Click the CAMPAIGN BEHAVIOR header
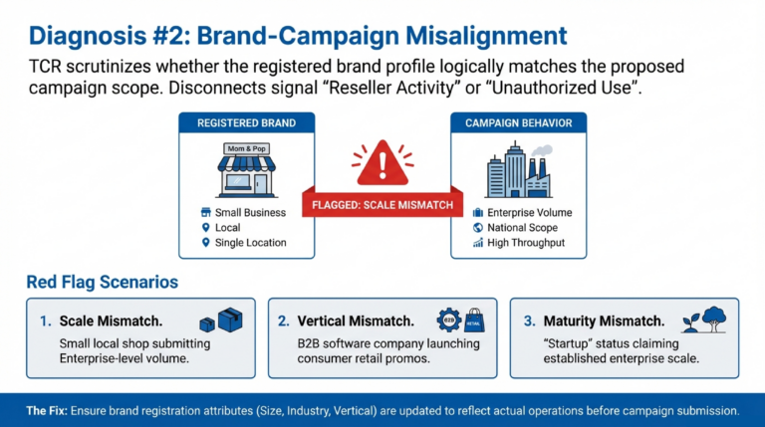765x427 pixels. click(518, 123)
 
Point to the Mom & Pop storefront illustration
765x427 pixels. click(245, 170)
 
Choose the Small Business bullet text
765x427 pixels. click(250, 213)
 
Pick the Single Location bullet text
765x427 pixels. click(250, 242)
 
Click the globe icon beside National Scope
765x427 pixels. click(478, 228)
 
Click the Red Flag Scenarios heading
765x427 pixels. click(102, 282)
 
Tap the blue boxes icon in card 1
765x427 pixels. click(220, 320)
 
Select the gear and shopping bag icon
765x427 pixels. click(459, 320)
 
